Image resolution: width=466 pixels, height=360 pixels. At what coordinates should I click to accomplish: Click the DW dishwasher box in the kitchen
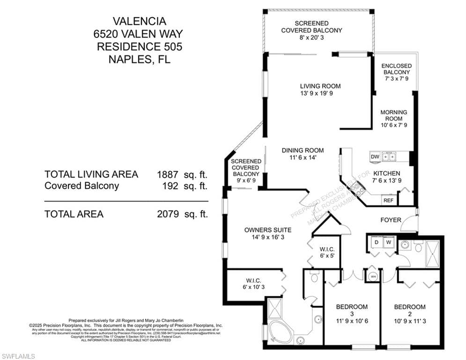375,157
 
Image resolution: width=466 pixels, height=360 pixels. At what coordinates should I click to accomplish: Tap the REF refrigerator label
388,200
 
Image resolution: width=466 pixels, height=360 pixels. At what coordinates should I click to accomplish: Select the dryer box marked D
376,243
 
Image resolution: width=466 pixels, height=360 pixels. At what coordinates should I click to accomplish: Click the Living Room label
320,86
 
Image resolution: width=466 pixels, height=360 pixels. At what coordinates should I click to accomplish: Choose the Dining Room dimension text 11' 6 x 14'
303,158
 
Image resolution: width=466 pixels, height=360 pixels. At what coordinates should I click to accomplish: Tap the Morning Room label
393,112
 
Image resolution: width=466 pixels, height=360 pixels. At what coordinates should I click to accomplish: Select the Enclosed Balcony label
396,69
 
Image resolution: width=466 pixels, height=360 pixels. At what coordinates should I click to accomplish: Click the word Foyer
391,220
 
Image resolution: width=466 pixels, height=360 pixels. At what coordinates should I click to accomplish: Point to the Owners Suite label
268,230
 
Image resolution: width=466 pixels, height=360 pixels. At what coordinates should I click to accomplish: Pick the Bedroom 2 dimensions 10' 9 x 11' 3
410,322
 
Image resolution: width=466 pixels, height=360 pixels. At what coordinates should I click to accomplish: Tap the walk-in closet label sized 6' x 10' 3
253,287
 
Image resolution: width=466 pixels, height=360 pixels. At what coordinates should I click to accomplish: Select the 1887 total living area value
167,174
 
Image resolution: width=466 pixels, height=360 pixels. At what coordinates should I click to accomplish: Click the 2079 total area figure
167,214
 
